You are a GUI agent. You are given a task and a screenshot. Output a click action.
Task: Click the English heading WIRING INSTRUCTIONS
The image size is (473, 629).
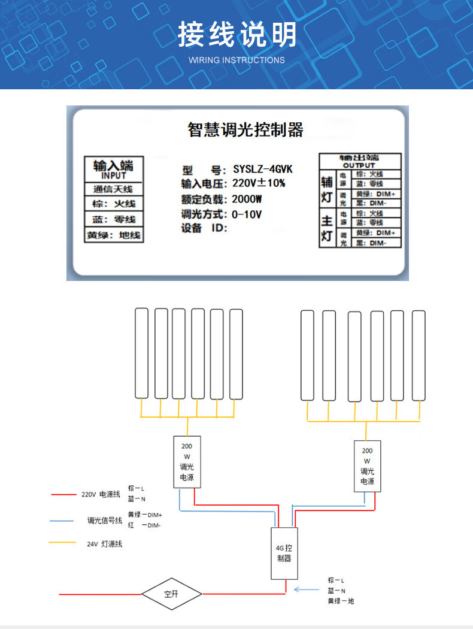(x=236, y=60)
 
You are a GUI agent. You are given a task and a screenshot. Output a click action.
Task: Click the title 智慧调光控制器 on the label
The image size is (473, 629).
(x=245, y=129)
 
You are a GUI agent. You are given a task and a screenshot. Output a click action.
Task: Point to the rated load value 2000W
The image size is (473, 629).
(x=248, y=199)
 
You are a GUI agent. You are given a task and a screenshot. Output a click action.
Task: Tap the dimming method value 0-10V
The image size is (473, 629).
(x=247, y=214)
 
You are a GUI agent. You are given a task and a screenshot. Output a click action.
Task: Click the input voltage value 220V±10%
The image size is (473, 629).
(x=259, y=183)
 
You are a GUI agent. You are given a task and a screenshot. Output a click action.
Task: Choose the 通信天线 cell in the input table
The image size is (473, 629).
(x=113, y=189)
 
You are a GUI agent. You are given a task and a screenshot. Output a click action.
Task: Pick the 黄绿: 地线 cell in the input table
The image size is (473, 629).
(x=113, y=235)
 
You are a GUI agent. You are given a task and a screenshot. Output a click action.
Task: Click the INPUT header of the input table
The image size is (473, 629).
(x=113, y=176)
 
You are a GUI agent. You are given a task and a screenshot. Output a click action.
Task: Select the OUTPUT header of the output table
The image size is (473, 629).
(x=359, y=165)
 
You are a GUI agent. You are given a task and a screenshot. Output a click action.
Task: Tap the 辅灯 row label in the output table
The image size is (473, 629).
(x=327, y=189)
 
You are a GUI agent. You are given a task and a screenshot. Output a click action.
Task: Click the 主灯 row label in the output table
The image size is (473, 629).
(x=327, y=228)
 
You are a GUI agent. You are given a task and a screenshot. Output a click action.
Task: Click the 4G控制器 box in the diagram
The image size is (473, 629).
(x=284, y=553)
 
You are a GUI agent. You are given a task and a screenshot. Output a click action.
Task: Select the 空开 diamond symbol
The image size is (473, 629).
(x=171, y=594)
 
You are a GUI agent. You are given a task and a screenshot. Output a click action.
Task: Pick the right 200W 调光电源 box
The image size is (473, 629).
(x=367, y=466)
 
